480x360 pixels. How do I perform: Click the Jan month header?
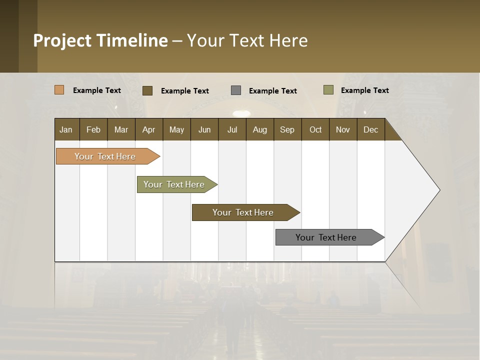coord(66,129)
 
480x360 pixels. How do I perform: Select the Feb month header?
coord(93,129)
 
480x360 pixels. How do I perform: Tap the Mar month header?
coord(121,129)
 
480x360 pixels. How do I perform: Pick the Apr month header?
coord(149,129)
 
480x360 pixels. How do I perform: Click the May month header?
coord(176,129)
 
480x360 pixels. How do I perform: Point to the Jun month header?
coord(204,129)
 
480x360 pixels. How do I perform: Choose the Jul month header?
coord(232,129)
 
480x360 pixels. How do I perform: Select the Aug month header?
coord(260,129)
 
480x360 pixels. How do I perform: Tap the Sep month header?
coord(287,129)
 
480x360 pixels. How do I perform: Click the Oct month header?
coord(315,129)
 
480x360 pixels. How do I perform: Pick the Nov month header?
coord(343,129)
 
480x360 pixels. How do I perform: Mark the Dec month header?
coord(371,129)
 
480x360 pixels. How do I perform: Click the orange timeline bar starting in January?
coord(105,156)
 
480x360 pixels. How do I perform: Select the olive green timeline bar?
coord(174,184)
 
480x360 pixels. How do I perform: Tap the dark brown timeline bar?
coord(243,212)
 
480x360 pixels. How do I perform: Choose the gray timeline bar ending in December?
coord(326,237)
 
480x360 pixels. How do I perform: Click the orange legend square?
coord(59,90)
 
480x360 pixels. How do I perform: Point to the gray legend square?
coord(236,90)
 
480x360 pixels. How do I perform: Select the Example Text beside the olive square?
coord(364,90)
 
